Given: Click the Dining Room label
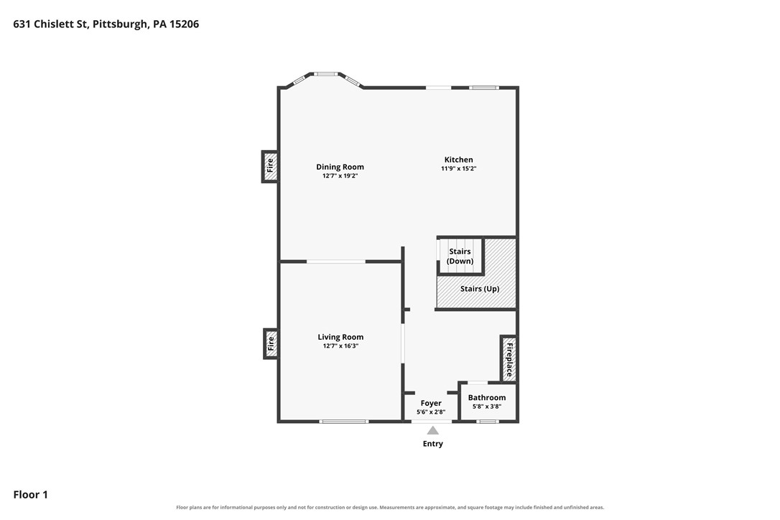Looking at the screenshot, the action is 340,167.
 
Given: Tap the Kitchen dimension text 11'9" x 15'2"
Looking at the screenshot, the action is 459,169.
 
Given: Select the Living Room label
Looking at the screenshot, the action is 340,337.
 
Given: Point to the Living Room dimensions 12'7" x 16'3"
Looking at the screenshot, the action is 340,346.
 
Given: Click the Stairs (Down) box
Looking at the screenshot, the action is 460,256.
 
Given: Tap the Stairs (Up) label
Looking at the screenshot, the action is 480,289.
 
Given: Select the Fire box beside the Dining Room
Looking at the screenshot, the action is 269,167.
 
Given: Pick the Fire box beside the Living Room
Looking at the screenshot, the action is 271,343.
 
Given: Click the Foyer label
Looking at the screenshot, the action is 431,403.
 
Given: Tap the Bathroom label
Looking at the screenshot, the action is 486,398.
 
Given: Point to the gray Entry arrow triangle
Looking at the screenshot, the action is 433,430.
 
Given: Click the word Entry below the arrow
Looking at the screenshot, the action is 433,444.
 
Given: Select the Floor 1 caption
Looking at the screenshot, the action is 30,495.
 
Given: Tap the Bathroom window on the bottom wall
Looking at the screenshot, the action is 488,422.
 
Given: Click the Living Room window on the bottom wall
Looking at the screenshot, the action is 344,422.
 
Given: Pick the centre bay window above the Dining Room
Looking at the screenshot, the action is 325,74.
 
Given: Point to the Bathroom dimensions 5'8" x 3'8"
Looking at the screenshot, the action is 486,407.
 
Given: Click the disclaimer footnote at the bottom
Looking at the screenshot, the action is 390,508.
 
